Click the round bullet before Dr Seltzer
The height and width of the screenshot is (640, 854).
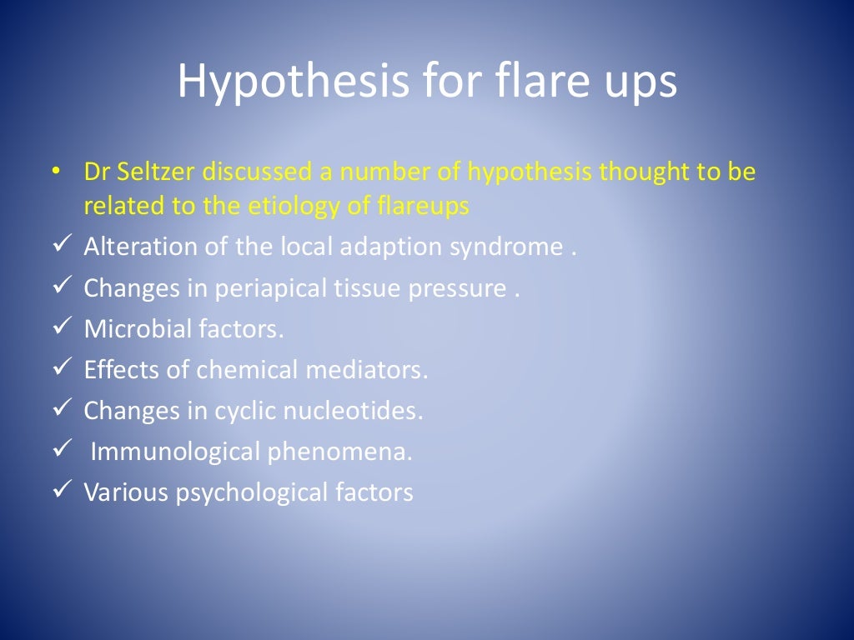pyautogui.click(x=55, y=172)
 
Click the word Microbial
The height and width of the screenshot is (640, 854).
pyautogui.click(x=137, y=329)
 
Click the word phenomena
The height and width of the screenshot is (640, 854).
pyautogui.click(x=340, y=452)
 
